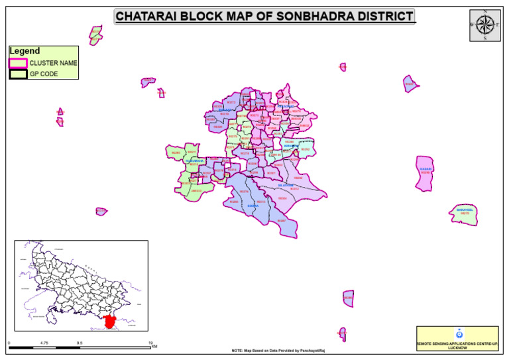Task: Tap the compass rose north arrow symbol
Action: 485,25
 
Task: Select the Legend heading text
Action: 25,51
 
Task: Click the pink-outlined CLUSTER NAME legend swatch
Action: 18,63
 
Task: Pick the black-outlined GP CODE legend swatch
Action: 18,74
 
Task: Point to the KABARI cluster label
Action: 425,169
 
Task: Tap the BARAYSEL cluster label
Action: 465,210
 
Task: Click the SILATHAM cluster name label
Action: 286,185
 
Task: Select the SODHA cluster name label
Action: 253,206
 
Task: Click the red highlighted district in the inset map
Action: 110,322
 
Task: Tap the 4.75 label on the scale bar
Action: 44,343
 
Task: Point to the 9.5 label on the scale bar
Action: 80,343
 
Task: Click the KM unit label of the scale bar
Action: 154,346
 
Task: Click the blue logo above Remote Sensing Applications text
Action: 457,333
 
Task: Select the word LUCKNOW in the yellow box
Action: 457,347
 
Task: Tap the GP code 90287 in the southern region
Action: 281,220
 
